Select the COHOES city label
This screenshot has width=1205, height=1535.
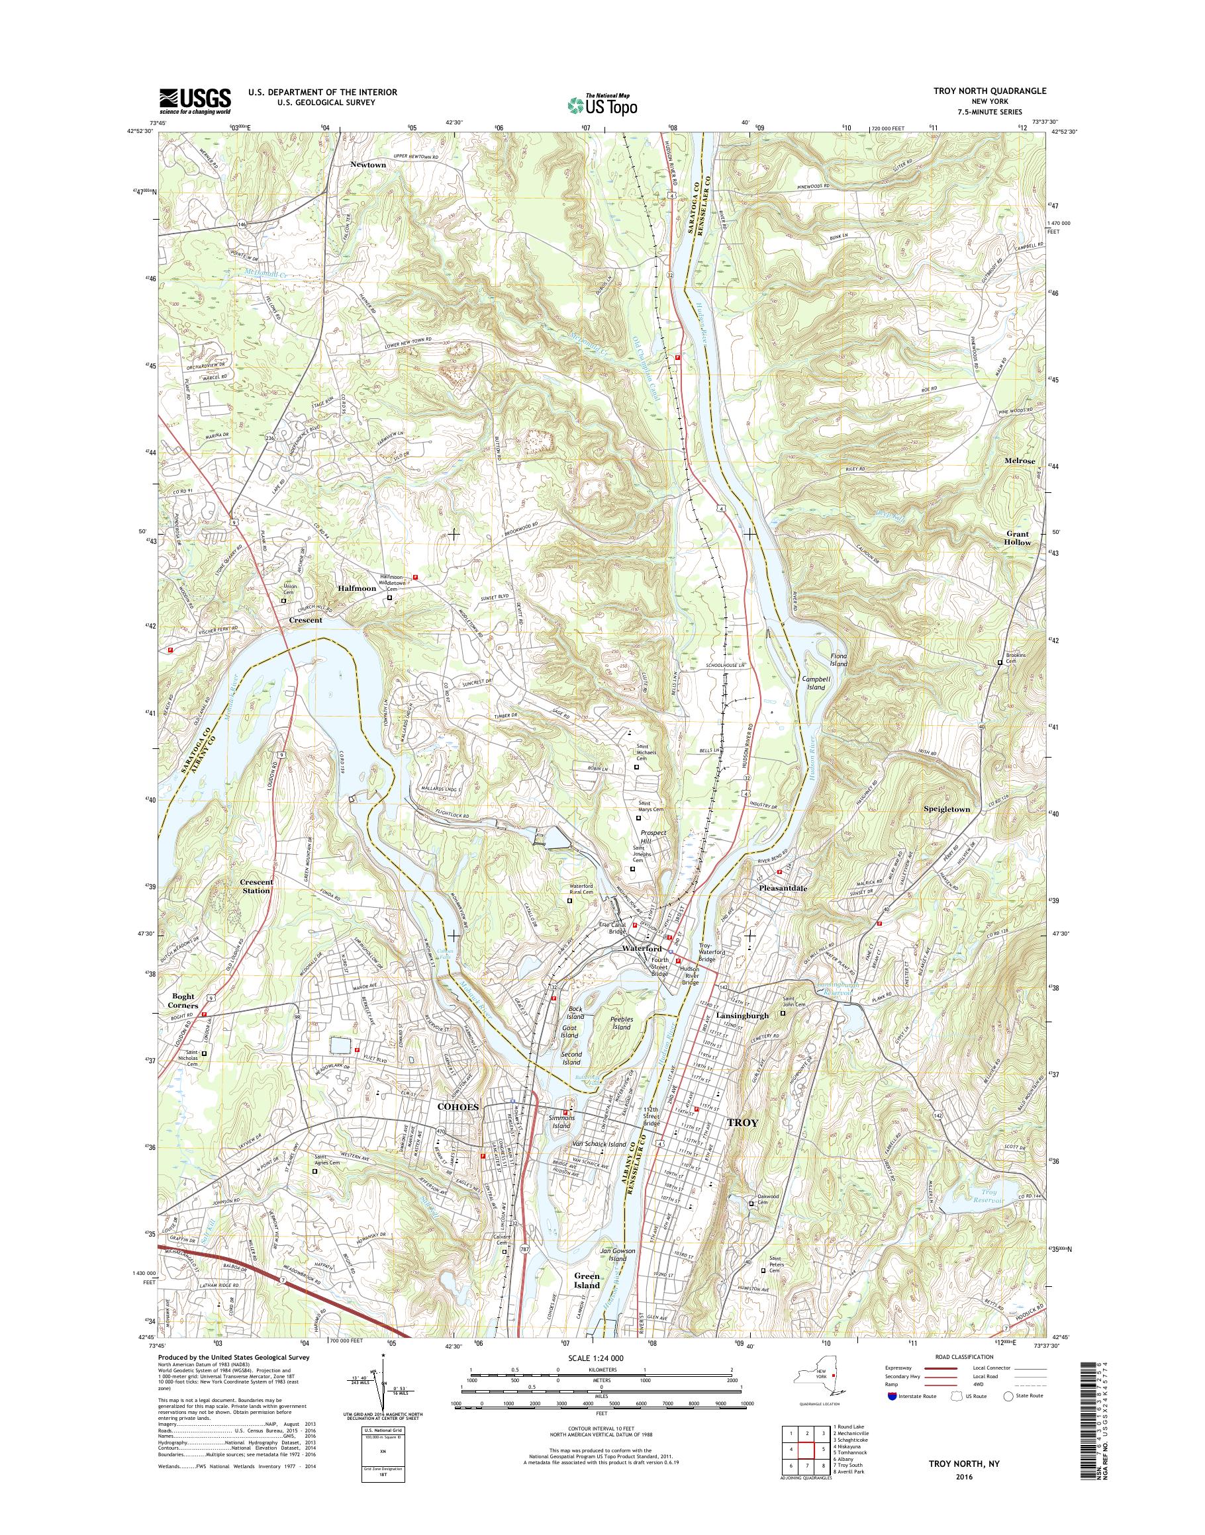(458, 1127)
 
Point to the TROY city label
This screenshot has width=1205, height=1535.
(742, 1142)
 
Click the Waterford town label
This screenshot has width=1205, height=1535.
(642, 949)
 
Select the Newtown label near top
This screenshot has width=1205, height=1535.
(368, 164)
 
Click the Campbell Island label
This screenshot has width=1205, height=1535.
(816, 683)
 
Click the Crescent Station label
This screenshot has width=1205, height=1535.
(256, 887)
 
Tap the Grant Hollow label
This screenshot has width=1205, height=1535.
(1018, 538)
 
